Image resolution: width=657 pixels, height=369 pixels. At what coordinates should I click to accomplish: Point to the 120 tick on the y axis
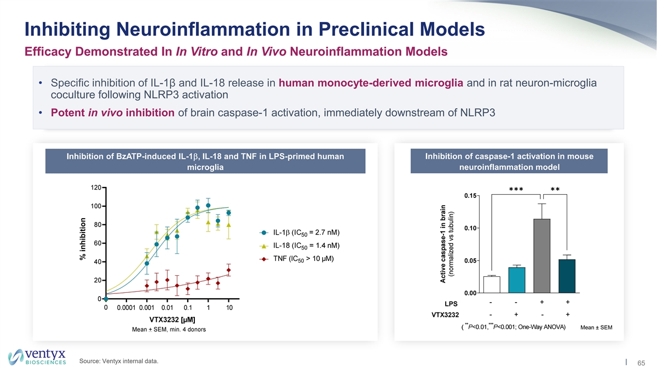(x=95, y=188)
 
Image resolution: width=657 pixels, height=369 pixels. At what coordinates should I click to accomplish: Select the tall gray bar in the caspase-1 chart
(x=542, y=256)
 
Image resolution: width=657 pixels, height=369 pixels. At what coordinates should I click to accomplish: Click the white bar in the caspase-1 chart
(x=492, y=284)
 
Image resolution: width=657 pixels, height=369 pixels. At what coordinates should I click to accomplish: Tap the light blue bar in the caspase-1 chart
(x=517, y=280)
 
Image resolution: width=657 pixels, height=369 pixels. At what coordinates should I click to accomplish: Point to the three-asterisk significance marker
(x=517, y=190)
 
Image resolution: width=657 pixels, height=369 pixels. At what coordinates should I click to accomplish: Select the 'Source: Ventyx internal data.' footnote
(x=119, y=360)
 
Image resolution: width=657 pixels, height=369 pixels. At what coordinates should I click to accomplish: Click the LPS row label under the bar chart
(x=451, y=303)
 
